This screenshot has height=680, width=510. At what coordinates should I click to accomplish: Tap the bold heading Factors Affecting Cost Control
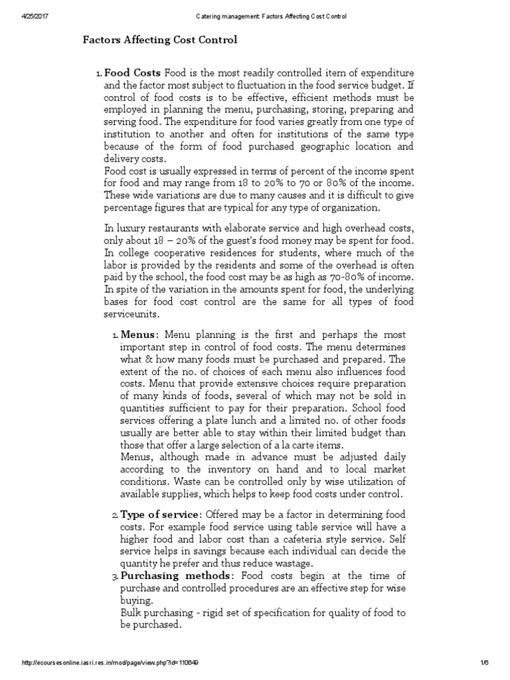[x=159, y=41]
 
